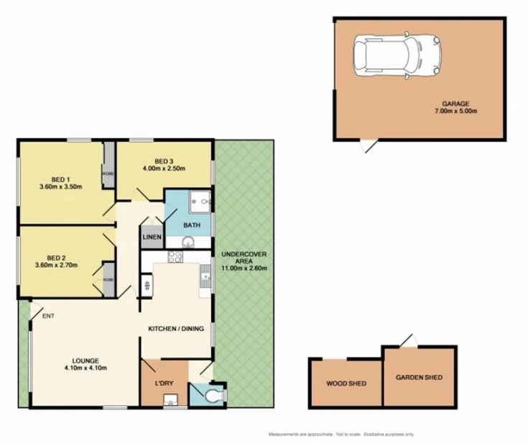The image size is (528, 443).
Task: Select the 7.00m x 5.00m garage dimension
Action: click(x=455, y=111)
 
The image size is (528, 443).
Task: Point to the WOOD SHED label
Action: click(x=346, y=383)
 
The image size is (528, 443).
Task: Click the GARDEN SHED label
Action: click(x=419, y=378)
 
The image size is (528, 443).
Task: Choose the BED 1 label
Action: click(x=60, y=179)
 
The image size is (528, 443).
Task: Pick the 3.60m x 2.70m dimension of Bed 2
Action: click(x=60, y=265)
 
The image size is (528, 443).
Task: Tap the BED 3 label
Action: click(x=165, y=161)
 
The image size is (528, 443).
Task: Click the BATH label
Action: click(x=192, y=225)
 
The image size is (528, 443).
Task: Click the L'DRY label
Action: click(x=165, y=383)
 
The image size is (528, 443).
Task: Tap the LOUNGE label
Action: click(x=85, y=360)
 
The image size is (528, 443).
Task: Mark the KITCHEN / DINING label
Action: click(x=176, y=329)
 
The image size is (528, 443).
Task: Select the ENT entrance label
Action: click(x=48, y=315)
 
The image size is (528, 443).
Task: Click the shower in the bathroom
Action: click(x=200, y=203)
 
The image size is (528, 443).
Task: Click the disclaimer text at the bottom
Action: click(x=341, y=434)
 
